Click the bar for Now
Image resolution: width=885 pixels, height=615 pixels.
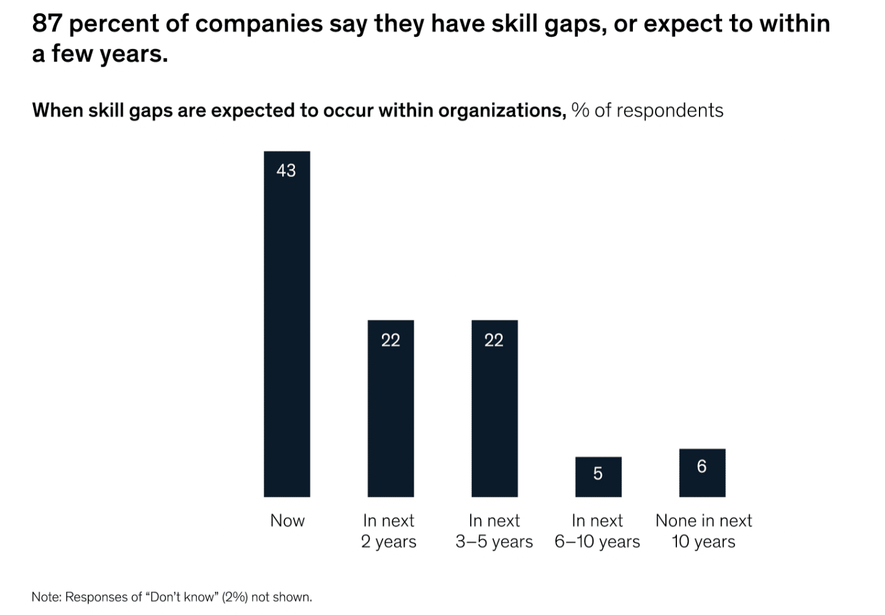[x=286, y=331]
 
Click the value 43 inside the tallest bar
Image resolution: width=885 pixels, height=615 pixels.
[x=286, y=170]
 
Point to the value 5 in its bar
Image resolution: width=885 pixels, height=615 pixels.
[x=598, y=474]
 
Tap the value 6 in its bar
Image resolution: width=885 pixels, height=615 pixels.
[x=702, y=467]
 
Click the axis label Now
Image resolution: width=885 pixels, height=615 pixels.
[x=288, y=521]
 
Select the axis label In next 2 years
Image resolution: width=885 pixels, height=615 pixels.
[x=389, y=531]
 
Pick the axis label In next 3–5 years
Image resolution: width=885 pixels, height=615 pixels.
[x=494, y=531]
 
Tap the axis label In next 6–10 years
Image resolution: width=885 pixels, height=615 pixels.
[x=597, y=531]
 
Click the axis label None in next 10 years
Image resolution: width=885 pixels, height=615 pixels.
[x=704, y=531]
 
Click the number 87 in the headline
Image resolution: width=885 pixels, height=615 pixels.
[x=48, y=24]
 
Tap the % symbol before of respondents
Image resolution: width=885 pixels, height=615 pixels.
[x=580, y=110]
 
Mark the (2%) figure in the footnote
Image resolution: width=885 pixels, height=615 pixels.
[x=234, y=597]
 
